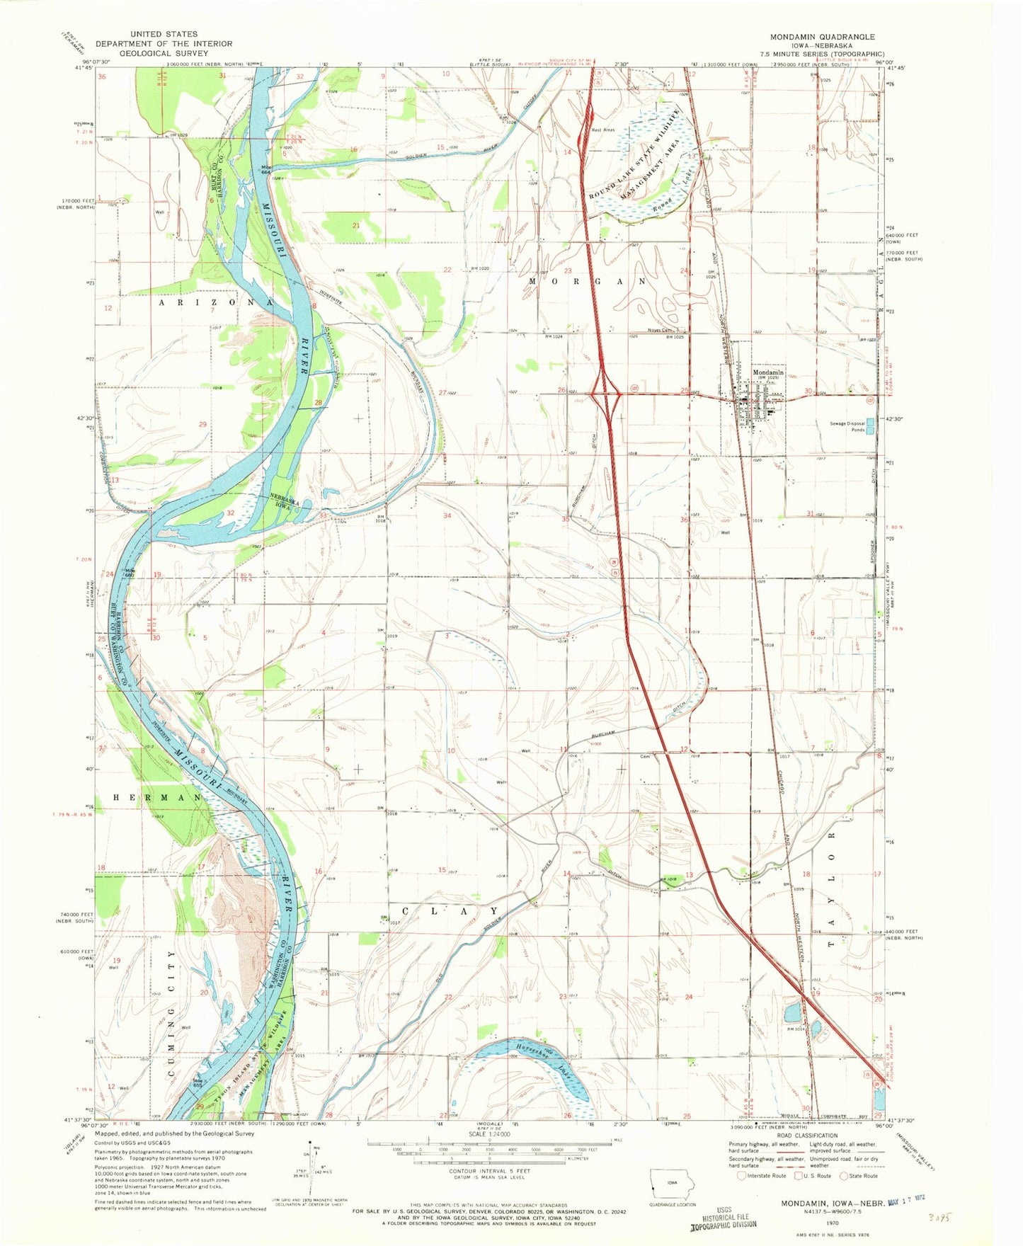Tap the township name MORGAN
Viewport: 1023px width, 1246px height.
coord(588,281)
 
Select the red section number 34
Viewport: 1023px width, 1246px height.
coord(447,516)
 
